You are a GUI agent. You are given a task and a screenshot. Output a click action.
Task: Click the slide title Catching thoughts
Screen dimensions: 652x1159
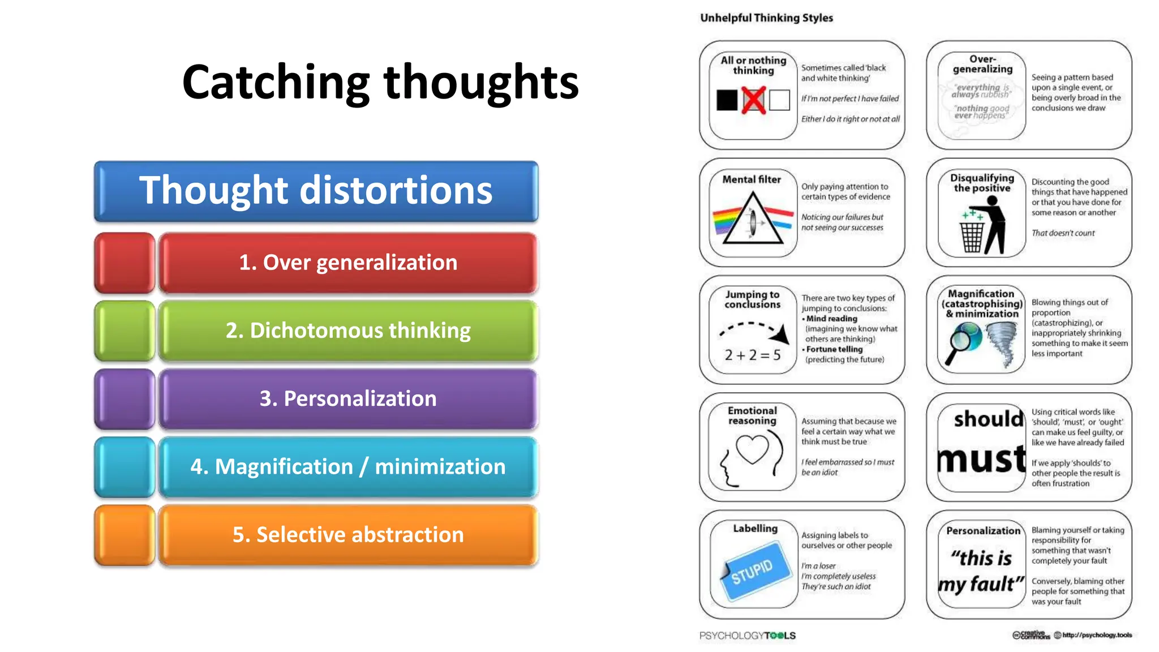tap(380, 83)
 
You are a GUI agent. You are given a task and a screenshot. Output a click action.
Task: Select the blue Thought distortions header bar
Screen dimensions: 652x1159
tap(316, 191)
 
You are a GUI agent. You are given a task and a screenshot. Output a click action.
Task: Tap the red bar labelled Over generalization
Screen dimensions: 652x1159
tap(347, 263)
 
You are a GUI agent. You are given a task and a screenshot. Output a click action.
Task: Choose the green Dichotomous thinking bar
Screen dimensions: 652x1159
tap(347, 331)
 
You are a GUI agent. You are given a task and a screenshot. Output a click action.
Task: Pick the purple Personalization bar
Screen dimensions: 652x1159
tap(347, 398)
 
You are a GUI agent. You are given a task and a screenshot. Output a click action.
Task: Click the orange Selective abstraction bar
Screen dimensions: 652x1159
tap(347, 535)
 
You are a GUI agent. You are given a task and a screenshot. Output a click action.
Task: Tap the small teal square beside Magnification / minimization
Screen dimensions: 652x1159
tap(125, 467)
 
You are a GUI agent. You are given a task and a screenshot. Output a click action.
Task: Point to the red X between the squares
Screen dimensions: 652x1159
tap(753, 100)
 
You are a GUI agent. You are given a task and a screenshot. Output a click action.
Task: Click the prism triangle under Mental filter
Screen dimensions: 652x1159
tap(753, 221)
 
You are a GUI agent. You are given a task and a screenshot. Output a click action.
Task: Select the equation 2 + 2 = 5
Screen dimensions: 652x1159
tap(753, 355)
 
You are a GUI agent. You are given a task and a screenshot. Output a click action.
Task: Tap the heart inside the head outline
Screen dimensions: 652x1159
tap(752, 449)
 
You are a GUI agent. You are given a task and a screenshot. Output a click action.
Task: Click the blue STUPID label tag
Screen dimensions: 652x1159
tap(753, 570)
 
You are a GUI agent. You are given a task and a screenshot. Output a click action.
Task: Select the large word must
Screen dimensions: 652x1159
tap(981, 459)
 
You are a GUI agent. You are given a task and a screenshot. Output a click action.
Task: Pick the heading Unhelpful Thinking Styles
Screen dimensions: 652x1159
tap(766, 18)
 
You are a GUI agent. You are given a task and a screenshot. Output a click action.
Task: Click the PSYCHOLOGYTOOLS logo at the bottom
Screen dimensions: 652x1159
tap(747, 636)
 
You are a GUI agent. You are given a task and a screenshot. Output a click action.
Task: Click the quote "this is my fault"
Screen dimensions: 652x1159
tap(981, 571)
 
